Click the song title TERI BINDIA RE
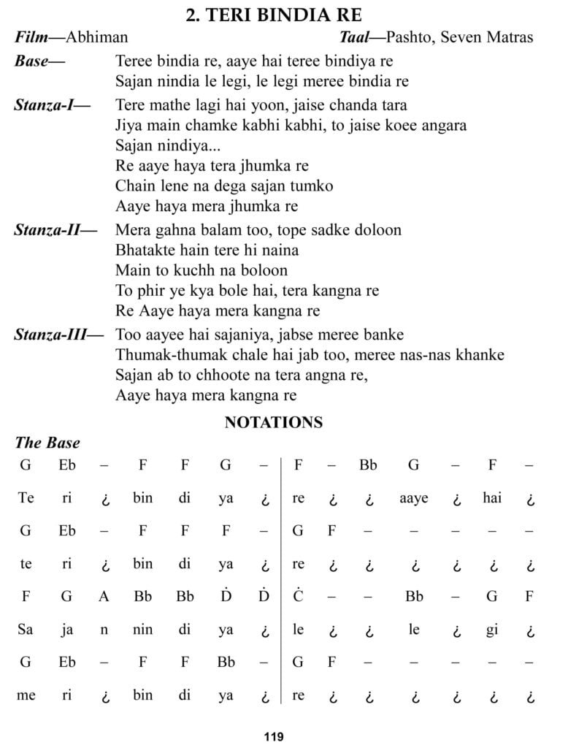click(284, 15)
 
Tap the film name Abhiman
click(96, 37)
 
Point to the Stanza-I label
click(52, 104)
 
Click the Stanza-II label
click(55, 230)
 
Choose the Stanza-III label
click(59, 335)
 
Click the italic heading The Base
click(47, 443)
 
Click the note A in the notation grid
click(104, 595)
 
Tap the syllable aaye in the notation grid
click(414, 498)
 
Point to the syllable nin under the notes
click(142, 630)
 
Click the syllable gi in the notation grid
click(492, 630)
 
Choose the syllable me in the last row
click(26, 695)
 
